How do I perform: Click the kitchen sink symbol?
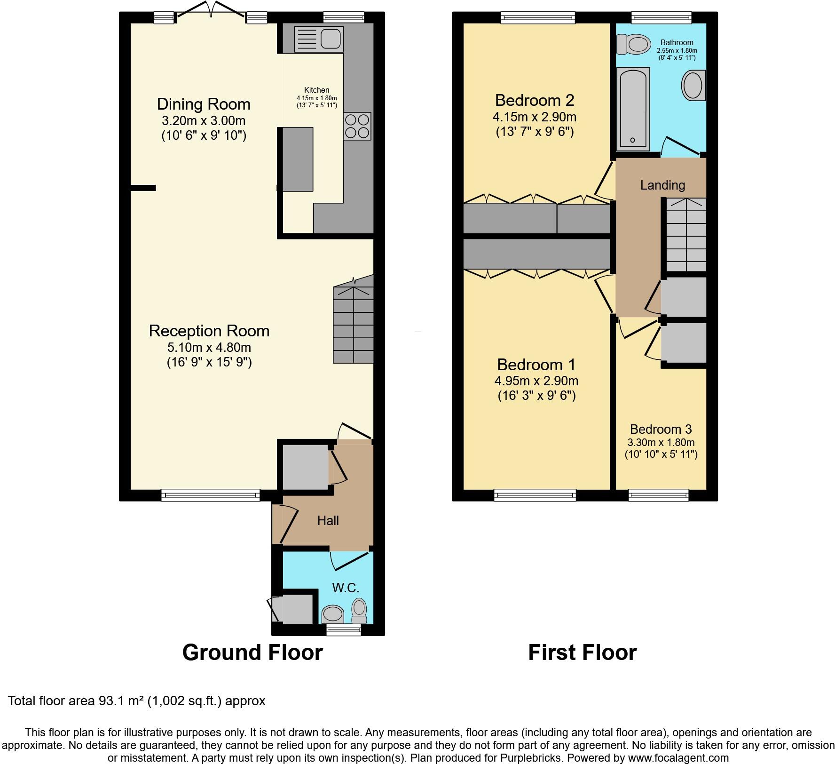(318, 39)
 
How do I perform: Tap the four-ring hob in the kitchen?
(357, 126)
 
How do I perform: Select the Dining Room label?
(204, 104)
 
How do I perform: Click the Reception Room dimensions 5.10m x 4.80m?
(209, 348)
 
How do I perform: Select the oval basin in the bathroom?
(693, 86)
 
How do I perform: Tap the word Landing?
(662, 185)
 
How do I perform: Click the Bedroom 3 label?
(661, 429)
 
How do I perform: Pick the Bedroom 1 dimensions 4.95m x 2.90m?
(536, 381)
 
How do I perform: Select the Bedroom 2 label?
(535, 100)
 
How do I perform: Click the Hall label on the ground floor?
(328, 520)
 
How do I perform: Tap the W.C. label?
(346, 588)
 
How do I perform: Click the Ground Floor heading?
(252, 653)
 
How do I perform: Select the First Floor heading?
(582, 653)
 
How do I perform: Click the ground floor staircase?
(353, 325)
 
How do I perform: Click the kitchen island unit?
(298, 159)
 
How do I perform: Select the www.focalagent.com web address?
(678, 758)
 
